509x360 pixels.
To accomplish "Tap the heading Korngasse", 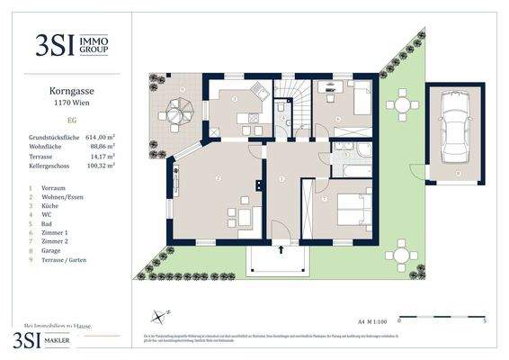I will [x=75, y=91].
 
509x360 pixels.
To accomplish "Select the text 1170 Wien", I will [x=75, y=103].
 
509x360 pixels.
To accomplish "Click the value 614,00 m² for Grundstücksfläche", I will [x=103, y=137].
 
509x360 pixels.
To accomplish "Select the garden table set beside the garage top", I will [x=401, y=106].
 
